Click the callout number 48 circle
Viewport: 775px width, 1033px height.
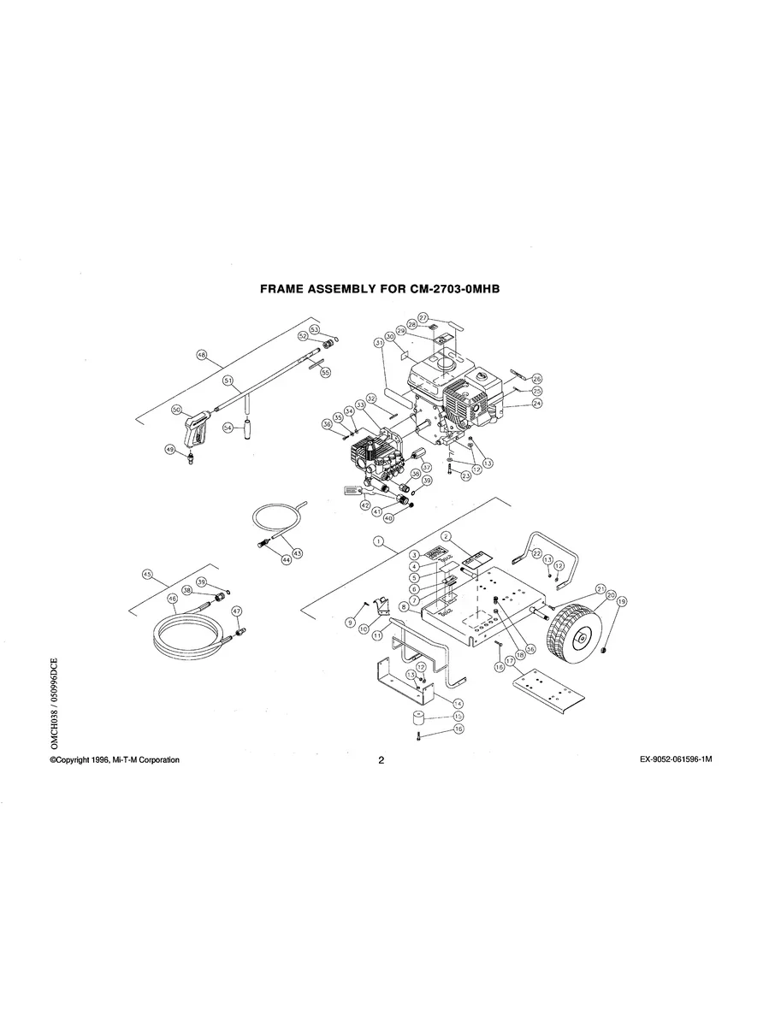(203, 356)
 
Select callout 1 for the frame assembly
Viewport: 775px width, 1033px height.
(377, 542)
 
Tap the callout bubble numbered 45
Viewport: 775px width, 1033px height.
(147, 576)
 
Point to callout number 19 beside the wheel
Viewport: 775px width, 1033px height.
(622, 602)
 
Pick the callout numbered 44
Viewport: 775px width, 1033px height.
(287, 560)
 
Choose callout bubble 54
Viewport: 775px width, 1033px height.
(228, 427)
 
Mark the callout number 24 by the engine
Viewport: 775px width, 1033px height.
(537, 404)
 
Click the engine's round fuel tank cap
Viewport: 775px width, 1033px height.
(445, 361)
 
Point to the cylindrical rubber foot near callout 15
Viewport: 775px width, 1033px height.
(417, 717)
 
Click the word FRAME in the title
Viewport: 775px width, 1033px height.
(286, 290)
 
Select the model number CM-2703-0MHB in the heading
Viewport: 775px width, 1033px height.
(451, 290)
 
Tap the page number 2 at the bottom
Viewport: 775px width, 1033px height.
(382, 760)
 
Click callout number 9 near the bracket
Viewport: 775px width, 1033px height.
(350, 623)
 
